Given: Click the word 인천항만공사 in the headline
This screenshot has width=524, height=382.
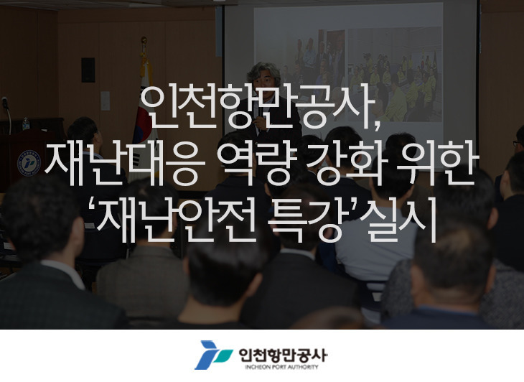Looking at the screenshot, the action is click(x=257, y=108).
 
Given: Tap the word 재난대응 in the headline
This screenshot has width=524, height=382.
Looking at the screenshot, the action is click(x=124, y=164).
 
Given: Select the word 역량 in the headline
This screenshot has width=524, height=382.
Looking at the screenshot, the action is click(x=257, y=164).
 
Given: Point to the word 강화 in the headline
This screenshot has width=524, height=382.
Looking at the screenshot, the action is click(x=345, y=164).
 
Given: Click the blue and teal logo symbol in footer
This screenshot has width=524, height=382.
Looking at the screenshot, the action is click(x=213, y=355).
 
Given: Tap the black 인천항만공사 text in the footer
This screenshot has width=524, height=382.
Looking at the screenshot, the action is click(x=283, y=355).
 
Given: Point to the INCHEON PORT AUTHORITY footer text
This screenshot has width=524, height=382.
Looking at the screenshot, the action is click(x=281, y=367).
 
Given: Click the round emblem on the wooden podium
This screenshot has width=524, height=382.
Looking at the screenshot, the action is click(x=29, y=163).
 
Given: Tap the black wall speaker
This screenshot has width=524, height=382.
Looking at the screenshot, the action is click(x=88, y=70).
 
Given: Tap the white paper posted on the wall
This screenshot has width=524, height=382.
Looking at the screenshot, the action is click(x=106, y=101).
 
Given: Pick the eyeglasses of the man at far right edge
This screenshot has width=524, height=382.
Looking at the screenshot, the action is click(x=517, y=144).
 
